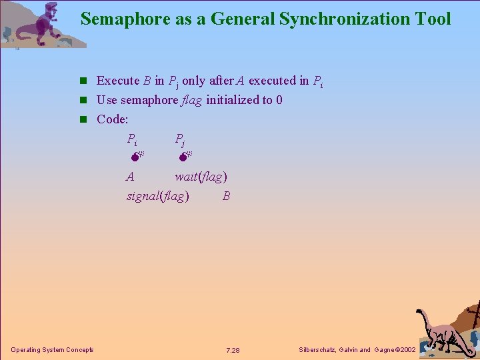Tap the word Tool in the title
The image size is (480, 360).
coord(433,19)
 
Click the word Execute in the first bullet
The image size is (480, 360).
coord(118,81)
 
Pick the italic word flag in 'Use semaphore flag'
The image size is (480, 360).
coord(192,100)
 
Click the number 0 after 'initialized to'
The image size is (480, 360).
coord(279,100)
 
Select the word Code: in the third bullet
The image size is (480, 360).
coord(112,119)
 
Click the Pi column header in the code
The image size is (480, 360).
coord(132,139)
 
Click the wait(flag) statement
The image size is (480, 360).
coord(201,177)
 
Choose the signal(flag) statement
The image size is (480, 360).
coord(157,196)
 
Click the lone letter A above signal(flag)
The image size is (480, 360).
coord(130,177)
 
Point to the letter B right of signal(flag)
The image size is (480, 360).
coord(227,196)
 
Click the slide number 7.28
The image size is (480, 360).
coord(233,350)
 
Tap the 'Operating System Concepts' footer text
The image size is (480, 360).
coord(52,350)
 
